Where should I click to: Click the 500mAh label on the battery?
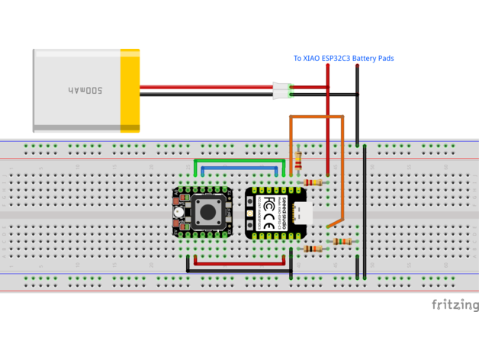pyautogui.click(x=85, y=90)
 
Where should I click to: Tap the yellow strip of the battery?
pyautogui.click(x=130, y=90)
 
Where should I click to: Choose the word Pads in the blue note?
pyautogui.click(x=385, y=59)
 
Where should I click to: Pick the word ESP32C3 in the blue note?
pyautogui.click(x=338, y=59)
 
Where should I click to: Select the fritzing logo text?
pyautogui.click(x=455, y=306)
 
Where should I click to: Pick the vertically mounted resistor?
pyautogui.click(x=297, y=161)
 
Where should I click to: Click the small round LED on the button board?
pyautogui.click(x=178, y=211)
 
